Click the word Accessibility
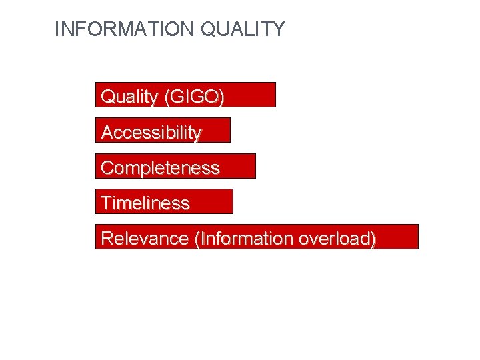click(x=151, y=133)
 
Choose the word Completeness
click(x=159, y=168)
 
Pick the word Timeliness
click(x=145, y=203)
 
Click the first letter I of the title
click(x=57, y=29)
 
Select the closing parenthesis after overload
click(x=373, y=239)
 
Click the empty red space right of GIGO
click(x=250, y=95)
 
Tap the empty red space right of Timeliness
click(x=212, y=201)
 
